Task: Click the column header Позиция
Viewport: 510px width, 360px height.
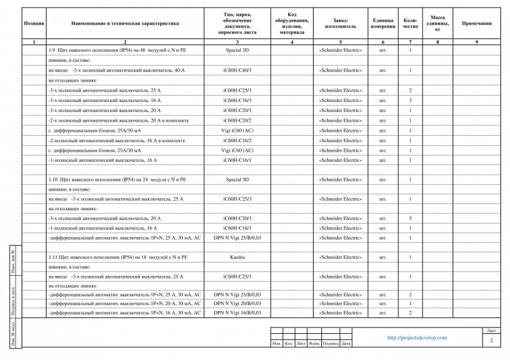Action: click(x=33, y=23)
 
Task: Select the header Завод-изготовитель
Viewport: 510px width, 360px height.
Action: click(x=340, y=23)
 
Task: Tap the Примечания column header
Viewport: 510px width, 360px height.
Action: click(x=476, y=23)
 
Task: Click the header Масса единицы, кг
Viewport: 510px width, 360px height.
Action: click(x=437, y=23)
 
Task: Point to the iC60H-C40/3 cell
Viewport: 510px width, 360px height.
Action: click(x=237, y=70)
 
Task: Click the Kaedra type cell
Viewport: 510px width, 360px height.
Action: click(x=237, y=257)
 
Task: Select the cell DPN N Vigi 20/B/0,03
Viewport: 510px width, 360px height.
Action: click(x=237, y=303)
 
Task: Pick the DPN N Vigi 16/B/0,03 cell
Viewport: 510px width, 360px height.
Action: click(x=237, y=313)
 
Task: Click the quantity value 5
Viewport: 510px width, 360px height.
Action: click(x=410, y=218)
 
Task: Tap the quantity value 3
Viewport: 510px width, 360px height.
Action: click(x=410, y=101)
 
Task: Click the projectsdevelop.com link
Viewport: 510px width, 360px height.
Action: click(x=418, y=338)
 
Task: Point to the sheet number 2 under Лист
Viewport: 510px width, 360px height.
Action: click(x=492, y=342)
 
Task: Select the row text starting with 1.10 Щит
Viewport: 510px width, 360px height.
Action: click(x=119, y=180)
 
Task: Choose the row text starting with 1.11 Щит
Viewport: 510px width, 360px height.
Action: click(x=119, y=257)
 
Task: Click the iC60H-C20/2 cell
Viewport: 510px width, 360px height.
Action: click(x=237, y=120)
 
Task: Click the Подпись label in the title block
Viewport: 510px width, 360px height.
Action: click(x=331, y=344)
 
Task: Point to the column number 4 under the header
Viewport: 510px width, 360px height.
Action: click(x=291, y=41)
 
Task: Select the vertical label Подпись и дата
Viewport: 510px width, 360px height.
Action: click(x=14, y=297)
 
